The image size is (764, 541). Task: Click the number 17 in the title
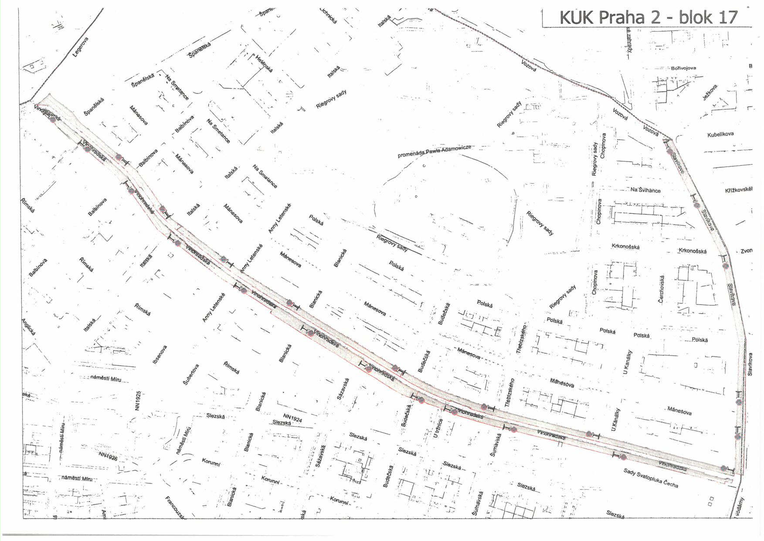pos(725,17)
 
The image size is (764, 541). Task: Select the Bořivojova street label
pos(683,68)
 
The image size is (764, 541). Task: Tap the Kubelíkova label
pos(720,134)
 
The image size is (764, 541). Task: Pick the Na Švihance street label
pos(645,190)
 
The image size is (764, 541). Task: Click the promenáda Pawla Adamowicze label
pos(434,151)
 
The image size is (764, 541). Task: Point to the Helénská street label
pos(264,64)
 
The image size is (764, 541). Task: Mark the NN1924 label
pos(292,418)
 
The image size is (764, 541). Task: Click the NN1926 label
pos(108,456)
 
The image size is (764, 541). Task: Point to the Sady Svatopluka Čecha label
pos(650,478)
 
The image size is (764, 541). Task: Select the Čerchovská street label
pos(662,289)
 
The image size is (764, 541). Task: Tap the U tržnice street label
pos(439,428)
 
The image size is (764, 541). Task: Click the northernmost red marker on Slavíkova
pos(670,151)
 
